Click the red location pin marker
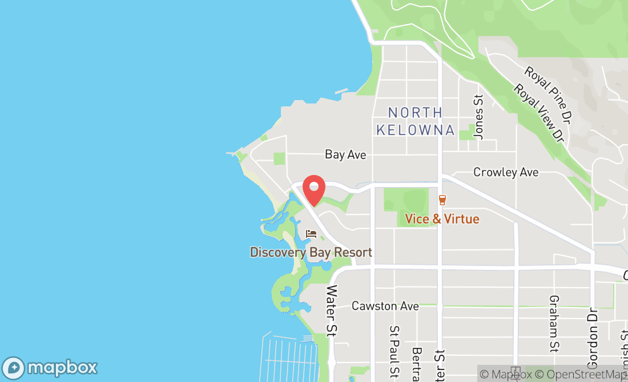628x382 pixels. point(313,189)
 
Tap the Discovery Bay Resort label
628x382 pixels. point(311,252)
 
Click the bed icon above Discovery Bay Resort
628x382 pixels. point(311,234)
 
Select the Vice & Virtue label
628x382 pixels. point(442,218)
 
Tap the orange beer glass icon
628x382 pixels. point(442,200)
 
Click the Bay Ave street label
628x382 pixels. point(345,154)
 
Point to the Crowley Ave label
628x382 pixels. point(506,172)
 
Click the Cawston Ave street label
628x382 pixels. point(385,306)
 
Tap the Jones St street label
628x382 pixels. point(479,117)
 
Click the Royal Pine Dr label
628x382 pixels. point(548,88)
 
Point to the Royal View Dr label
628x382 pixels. point(538,113)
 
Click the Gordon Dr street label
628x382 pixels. point(593,338)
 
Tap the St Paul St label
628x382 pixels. point(394,352)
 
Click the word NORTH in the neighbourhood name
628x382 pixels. point(415,113)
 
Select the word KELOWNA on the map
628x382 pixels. point(415,130)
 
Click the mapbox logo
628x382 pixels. point(50,367)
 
